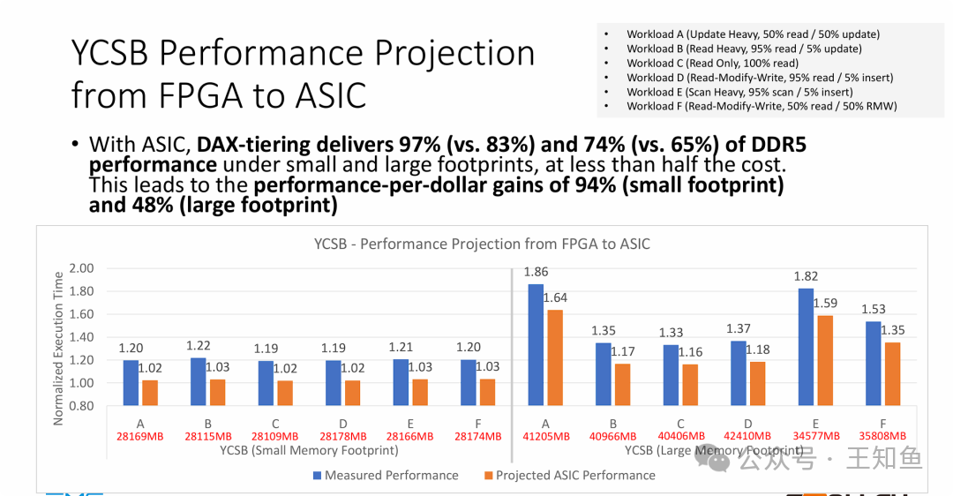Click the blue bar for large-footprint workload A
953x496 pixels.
click(x=536, y=345)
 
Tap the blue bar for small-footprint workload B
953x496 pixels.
click(x=197, y=381)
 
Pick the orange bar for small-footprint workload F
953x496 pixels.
click(x=486, y=392)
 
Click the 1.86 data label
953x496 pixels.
click(x=536, y=273)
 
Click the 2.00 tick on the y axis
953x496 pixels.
click(x=81, y=268)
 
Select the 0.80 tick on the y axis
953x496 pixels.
click(x=81, y=406)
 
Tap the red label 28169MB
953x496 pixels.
click(x=140, y=436)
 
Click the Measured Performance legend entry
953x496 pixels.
click(x=386, y=475)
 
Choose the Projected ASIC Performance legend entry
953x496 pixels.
click(x=569, y=475)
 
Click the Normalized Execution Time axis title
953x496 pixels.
click(x=58, y=346)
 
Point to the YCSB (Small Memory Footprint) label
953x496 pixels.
click(x=308, y=450)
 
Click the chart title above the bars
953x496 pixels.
click(x=482, y=244)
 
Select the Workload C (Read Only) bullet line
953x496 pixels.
click(x=712, y=63)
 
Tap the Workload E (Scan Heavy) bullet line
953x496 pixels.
click(x=739, y=92)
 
